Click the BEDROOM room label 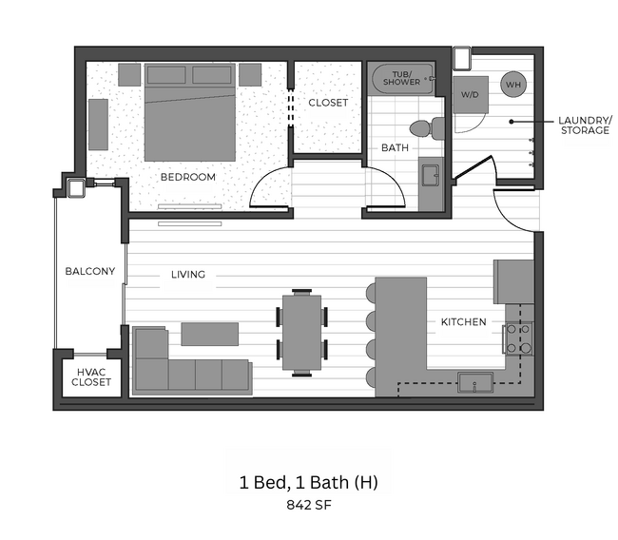pos(187,177)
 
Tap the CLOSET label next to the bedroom pos(327,103)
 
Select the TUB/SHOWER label pos(401,78)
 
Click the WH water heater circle pos(513,85)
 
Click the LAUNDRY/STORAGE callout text pos(583,125)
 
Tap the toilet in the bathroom pos(426,127)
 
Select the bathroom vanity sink pos(430,175)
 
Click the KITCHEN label pos(463,322)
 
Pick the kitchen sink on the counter pos(474,383)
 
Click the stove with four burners pos(517,338)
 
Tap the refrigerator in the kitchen pos(514,281)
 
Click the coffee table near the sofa pos(209,334)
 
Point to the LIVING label pos(187,275)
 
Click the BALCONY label pos(89,271)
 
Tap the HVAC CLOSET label pos(92,377)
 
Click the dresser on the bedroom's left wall pos(99,125)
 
